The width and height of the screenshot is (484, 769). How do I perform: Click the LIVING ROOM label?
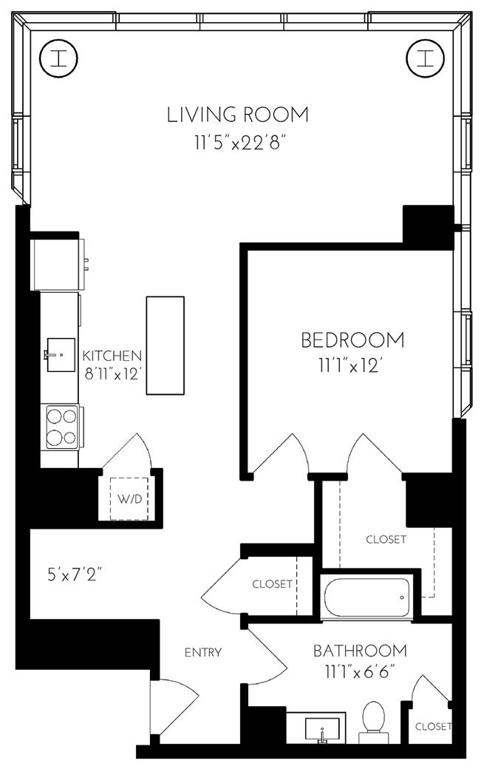coord(237,115)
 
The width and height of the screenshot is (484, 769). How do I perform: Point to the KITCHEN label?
coord(112,354)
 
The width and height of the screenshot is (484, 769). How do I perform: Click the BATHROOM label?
coord(360,651)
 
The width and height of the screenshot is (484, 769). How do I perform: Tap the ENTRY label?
coord(203,652)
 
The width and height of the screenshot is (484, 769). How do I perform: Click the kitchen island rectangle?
coord(165,345)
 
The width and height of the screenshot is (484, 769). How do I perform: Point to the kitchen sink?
coord(60,356)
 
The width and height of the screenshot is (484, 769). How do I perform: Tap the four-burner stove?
coord(61,427)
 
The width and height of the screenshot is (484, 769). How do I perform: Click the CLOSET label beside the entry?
coord(273,583)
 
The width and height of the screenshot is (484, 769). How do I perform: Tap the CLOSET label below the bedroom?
coord(386,539)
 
